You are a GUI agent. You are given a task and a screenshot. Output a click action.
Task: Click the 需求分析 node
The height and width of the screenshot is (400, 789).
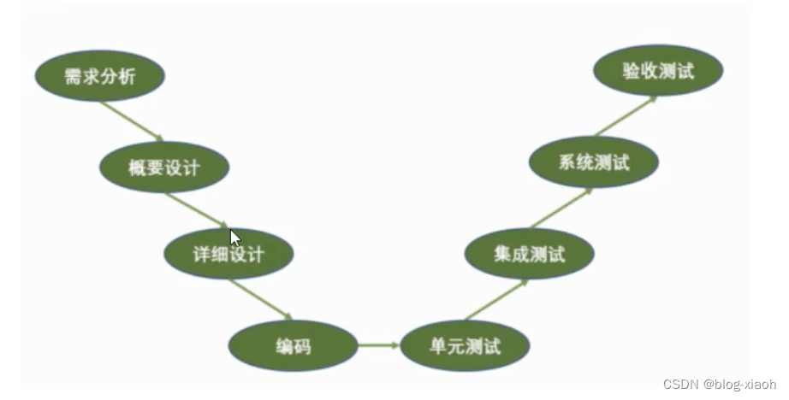coord(99,77)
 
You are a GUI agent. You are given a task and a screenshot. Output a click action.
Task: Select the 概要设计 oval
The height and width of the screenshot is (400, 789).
coord(164,167)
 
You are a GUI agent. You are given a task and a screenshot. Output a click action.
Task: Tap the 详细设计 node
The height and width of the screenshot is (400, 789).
coord(228,254)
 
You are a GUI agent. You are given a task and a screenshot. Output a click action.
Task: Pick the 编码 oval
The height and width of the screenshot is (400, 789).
coord(293,346)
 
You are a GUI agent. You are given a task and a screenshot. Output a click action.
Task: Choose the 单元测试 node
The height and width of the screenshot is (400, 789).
coord(465,346)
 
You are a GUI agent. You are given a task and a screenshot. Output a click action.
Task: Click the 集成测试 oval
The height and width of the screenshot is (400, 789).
coord(529,254)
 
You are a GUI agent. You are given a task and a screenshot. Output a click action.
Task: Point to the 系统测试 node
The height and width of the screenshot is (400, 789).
coord(593,162)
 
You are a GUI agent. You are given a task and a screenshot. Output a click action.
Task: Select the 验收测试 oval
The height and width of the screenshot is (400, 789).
coord(658,71)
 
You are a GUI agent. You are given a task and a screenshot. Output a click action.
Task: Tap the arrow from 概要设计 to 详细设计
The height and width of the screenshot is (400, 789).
coord(196,210)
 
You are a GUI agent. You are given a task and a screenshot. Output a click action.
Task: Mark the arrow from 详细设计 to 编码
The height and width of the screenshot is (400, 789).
coord(260,299)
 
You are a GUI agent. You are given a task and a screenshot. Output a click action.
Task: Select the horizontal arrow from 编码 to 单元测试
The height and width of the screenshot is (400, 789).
coord(378,345)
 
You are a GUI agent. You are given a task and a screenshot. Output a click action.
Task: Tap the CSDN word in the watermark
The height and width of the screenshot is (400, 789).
coord(679,385)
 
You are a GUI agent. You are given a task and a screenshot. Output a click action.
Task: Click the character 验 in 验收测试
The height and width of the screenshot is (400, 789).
coord(632,71)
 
